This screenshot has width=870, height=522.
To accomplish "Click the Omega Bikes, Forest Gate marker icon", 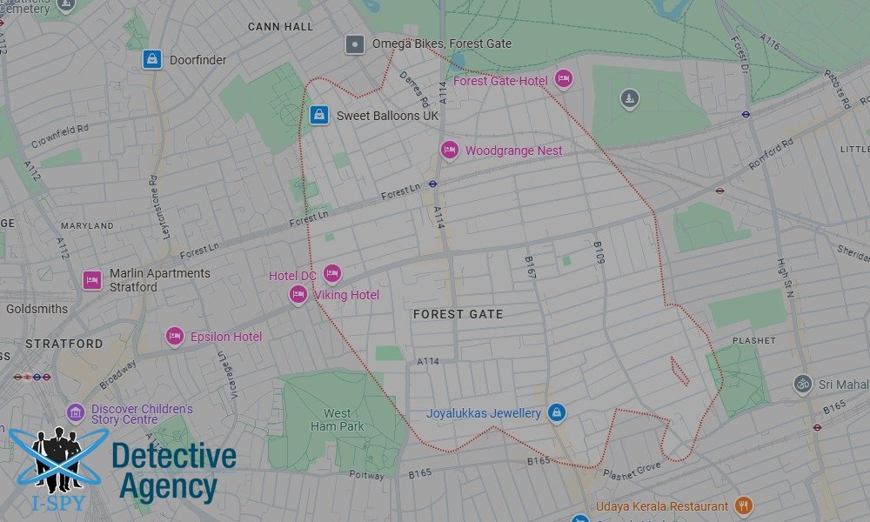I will point(355,44).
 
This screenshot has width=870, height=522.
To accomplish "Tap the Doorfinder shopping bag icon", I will point(152,59).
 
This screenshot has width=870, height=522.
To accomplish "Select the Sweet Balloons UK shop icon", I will point(319,115).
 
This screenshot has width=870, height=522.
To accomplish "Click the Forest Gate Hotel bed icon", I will point(563,80).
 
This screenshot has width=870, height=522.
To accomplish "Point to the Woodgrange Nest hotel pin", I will point(449,151).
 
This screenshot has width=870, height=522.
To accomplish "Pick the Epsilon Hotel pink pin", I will point(175,336).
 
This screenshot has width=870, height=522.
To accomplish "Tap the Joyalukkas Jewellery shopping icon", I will point(557,412).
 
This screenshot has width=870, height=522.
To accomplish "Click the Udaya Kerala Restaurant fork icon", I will point(743,505).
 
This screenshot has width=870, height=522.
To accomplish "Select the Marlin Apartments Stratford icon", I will point(92,280).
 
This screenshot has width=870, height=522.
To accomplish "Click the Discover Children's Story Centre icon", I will point(76,412).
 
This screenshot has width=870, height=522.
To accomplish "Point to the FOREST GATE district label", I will point(458,314).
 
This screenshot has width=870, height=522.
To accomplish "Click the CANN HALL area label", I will point(280,27).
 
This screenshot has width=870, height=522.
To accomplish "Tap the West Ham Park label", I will point(338,420).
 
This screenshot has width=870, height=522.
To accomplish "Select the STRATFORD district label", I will point(64,344).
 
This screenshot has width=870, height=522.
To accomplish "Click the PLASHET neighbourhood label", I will point(753,341).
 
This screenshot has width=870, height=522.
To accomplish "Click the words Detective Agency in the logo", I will point(173,471).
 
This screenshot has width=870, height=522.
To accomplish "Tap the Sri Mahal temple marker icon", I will point(802,384).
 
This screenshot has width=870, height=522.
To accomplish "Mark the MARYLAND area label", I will point(87,226).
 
